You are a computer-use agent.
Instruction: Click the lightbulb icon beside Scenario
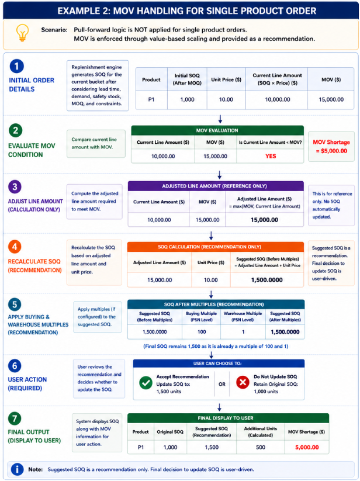tap(23, 33)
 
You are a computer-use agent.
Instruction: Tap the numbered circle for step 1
tap(16, 66)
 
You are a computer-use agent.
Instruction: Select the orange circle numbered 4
tap(15, 247)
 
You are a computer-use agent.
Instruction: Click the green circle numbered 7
tap(15, 418)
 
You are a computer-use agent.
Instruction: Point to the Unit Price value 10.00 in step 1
tap(226, 100)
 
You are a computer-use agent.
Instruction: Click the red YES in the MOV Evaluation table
tap(271, 156)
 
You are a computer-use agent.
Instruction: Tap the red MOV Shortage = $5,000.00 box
tap(331, 147)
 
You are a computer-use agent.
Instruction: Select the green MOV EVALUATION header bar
tap(217, 130)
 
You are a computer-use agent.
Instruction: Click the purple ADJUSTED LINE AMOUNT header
tap(216, 186)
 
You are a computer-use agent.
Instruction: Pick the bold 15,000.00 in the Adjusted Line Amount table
tap(264, 220)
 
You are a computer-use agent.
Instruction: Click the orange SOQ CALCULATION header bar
tap(216, 247)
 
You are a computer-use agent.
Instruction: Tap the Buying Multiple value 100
tap(202, 332)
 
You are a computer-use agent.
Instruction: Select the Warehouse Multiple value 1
tap(243, 332)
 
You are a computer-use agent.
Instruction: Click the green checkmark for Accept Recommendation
tap(146, 383)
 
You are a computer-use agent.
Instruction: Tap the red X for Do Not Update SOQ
tap(243, 383)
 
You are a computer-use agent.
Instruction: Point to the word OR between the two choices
tap(221, 385)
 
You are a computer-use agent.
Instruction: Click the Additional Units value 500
tap(260, 447)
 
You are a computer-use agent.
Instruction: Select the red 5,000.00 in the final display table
tap(307, 447)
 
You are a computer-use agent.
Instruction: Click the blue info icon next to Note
tap(17, 469)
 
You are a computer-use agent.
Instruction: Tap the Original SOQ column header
tap(170, 432)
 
